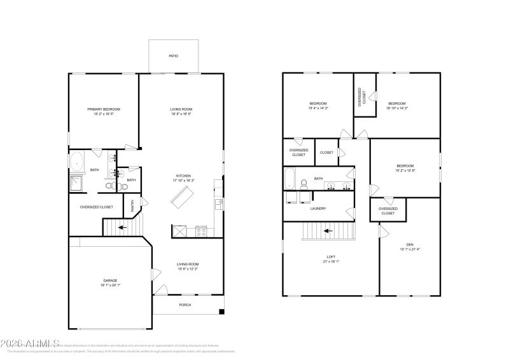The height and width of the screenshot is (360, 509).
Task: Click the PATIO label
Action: pyautogui.click(x=173, y=56)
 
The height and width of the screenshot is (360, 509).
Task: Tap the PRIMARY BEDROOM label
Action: pyautogui.click(x=103, y=109)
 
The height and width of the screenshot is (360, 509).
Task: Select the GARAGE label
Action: pyautogui.click(x=110, y=280)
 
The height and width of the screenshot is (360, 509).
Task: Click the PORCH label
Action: pyautogui.click(x=185, y=305)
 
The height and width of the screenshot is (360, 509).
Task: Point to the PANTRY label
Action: pyautogui.click(x=132, y=205)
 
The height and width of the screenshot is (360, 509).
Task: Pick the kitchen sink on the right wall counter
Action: pyautogui.click(x=219, y=204)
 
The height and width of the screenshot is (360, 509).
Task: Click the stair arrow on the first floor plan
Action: pyautogui.click(x=120, y=226)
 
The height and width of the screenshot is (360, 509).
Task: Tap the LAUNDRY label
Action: pyautogui.click(x=318, y=208)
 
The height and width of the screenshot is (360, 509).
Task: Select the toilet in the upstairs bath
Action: pyautogui.click(x=304, y=184)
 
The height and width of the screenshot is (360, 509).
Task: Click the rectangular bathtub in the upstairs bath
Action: pyautogui.click(x=289, y=179)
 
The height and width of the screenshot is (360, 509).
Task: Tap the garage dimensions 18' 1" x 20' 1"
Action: pyautogui.click(x=110, y=286)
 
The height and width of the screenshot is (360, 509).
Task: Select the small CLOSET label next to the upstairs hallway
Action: pyautogui.click(x=326, y=153)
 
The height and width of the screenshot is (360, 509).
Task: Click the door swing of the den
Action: pyautogui.click(x=383, y=233)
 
